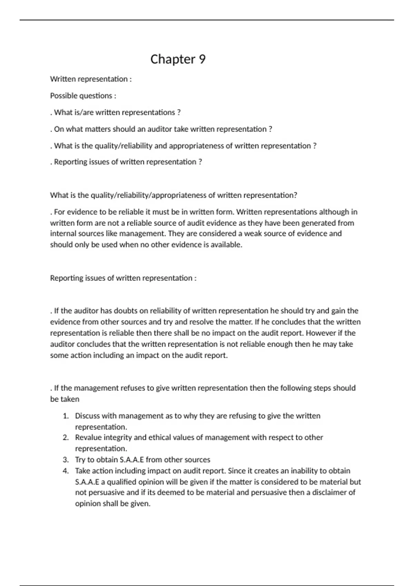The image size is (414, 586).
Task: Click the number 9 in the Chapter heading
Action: [x=202, y=59]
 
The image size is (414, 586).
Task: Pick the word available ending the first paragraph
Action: [x=226, y=244]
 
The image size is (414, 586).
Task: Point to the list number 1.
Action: [x=66, y=416]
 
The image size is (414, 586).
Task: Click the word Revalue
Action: [x=88, y=437]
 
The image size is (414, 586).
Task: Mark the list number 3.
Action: [x=66, y=460]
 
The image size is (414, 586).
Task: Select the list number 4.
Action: [x=66, y=471]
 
